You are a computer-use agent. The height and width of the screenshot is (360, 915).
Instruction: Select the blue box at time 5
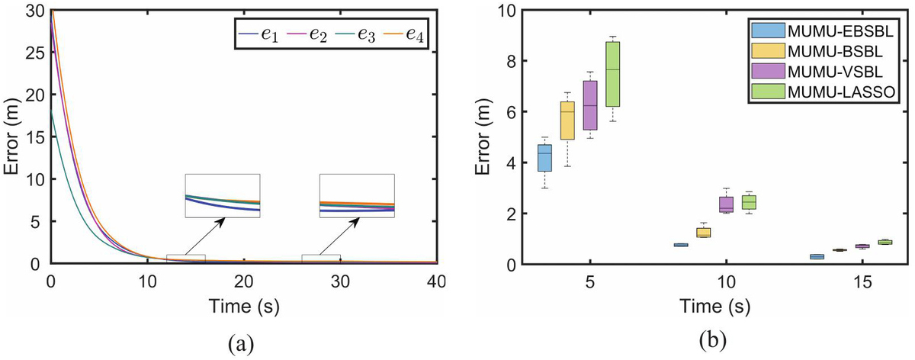(544, 158)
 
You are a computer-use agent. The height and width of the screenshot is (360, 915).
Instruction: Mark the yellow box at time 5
(567, 121)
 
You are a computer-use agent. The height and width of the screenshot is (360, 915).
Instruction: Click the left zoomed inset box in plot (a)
(222, 196)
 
